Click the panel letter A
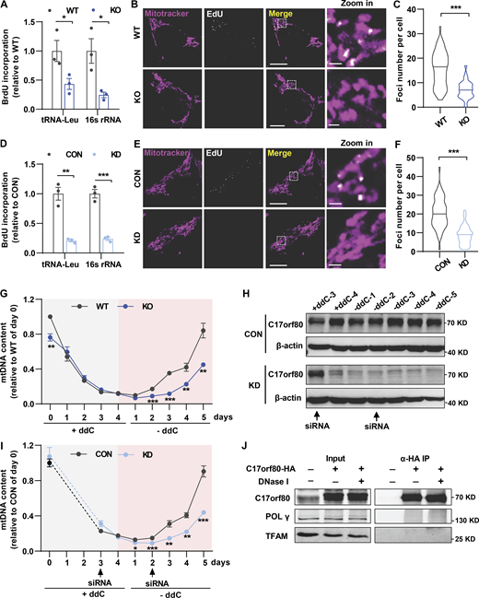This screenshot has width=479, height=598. pyautogui.click(x=7, y=8)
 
